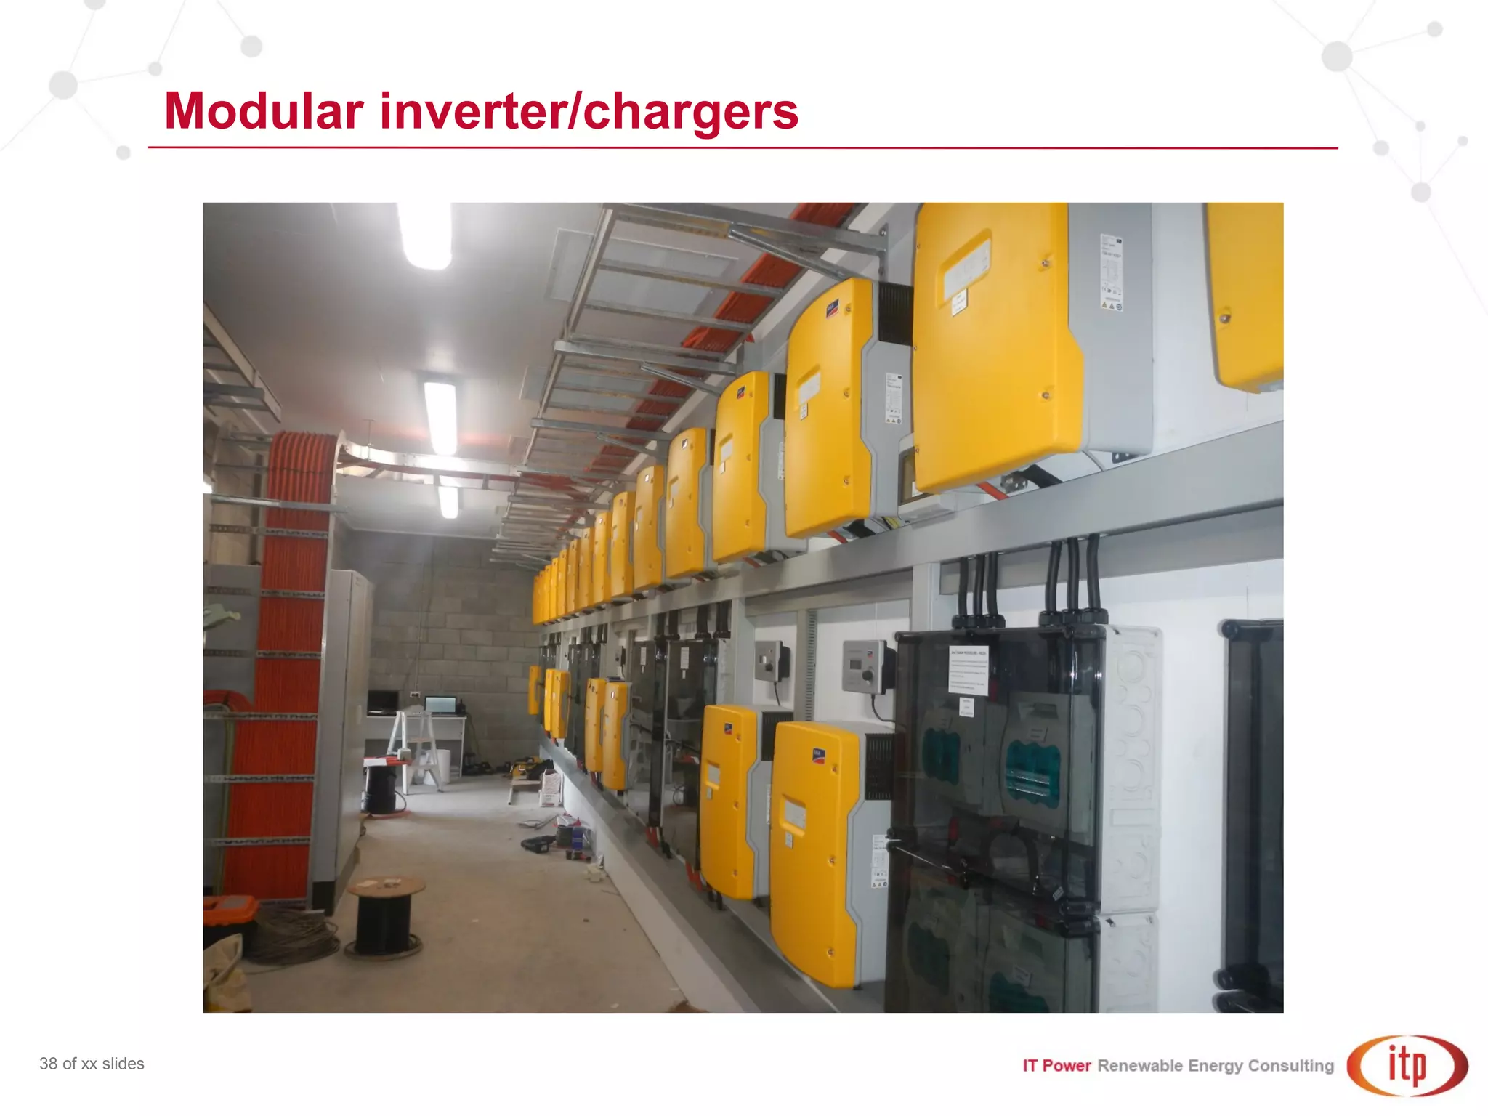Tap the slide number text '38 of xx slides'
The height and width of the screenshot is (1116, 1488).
click(92, 1064)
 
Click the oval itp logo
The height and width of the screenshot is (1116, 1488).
click(1407, 1065)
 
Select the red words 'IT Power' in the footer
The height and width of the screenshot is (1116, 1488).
click(1056, 1066)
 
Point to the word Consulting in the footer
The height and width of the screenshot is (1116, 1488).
click(1290, 1066)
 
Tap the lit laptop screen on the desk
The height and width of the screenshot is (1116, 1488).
click(440, 705)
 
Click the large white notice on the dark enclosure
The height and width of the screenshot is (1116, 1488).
click(968, 669)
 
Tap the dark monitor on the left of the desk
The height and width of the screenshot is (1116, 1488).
click(382, 701)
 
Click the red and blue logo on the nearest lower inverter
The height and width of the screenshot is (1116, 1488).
click(819, 756)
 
